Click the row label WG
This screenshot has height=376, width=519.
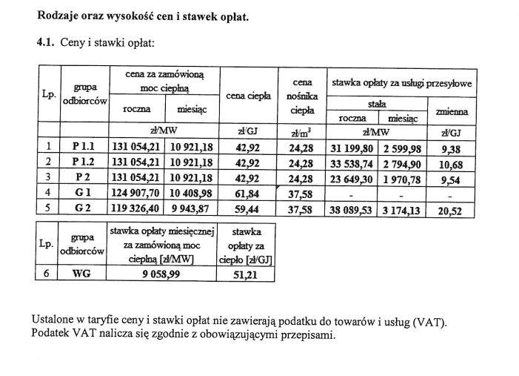(81, 273)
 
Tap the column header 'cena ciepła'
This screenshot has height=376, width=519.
(249, 96)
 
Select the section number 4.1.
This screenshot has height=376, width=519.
(46, 43)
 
